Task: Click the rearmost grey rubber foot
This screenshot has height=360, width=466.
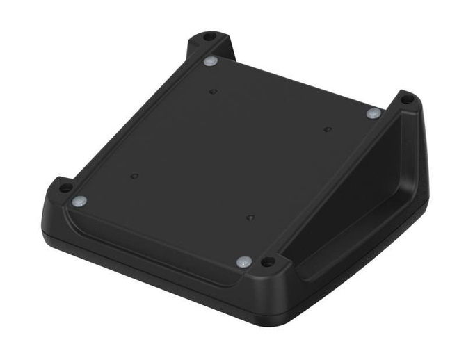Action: pos(210,62)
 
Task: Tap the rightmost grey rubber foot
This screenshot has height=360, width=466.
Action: pos(373,113)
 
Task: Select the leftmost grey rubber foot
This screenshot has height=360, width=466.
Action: pos(80,202)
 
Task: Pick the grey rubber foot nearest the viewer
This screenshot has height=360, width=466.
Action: pos(243,262)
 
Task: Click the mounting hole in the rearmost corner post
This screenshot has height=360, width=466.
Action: pos(209,36)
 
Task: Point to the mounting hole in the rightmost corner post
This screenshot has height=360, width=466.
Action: pos(407,99)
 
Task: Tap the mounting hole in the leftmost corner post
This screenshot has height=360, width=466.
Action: pos(64,188)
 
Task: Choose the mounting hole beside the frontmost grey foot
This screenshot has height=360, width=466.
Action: pos(267,263)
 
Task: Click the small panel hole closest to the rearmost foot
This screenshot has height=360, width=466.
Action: pos(213,91)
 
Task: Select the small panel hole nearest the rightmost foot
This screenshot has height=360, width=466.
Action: pos(326,129)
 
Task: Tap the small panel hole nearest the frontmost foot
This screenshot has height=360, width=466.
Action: pos(250,218)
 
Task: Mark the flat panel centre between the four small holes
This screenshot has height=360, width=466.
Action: pos(230,153)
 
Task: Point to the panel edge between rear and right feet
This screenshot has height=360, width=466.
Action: pos(292,87)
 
